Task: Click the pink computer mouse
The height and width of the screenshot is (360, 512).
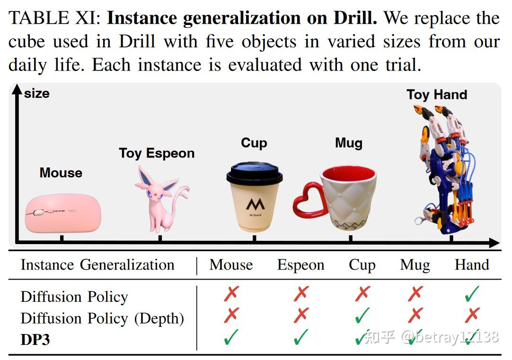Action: [63, 213]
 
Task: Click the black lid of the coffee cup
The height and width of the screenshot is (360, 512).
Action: [255, 173]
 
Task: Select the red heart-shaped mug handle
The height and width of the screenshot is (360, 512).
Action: [308, 200]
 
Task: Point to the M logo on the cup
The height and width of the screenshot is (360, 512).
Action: [256, 205]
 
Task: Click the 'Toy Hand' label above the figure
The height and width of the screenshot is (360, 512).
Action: [437, 95]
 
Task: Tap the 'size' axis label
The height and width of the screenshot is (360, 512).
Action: [37, 94]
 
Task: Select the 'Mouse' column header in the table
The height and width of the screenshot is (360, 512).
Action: [231, 265]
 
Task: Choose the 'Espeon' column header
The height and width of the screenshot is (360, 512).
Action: [301, 265]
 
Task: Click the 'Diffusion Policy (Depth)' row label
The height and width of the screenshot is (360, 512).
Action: [102, 318]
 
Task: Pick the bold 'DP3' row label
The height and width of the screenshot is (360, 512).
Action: [35, 340]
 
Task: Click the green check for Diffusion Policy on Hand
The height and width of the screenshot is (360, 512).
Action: [472, 293]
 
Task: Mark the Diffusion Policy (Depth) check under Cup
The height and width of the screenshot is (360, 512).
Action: [362, 315]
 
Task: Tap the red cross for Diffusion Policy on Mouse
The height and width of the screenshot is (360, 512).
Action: [231, 293]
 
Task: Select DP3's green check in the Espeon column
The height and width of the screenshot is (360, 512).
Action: [301, 337]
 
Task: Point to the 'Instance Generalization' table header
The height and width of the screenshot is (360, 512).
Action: [97, 265]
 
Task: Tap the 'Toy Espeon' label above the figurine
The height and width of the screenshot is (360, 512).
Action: [157, 153]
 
